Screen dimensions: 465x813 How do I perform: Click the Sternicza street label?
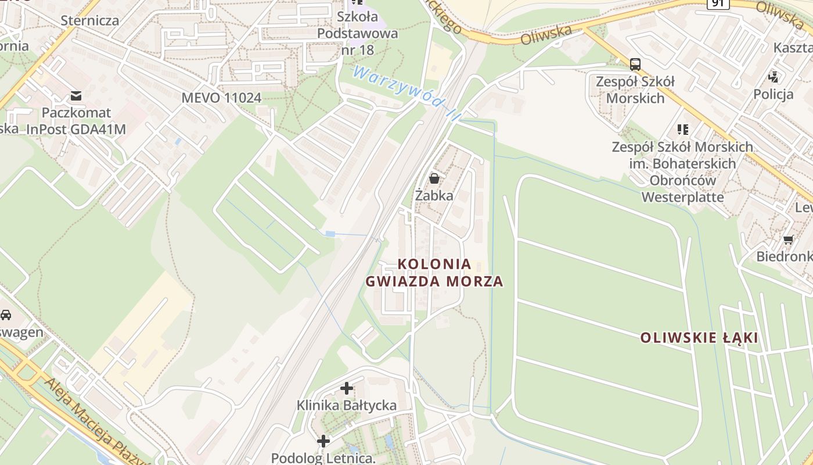(x=90, y=21)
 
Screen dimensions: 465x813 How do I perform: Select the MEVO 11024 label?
(x=221, y=98)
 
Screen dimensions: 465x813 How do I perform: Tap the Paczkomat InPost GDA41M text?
(x=75, y=121)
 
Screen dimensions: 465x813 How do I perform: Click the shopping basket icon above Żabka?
(x=434, y=178)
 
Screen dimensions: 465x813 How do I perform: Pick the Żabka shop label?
(x=434, y=195)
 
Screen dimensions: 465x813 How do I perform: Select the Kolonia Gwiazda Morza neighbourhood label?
(x=434, y=273)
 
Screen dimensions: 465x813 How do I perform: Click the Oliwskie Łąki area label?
(x=699, y=338)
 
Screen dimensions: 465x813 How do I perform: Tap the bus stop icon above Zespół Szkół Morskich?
(x=635, y=64)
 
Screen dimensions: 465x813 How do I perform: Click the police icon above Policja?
(x=773, y=77)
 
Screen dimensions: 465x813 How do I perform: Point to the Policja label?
(x=773, y=94)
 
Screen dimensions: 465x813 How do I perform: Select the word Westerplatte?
(x=682, y=197)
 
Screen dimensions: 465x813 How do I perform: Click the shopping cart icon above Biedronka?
(x=788, y=239)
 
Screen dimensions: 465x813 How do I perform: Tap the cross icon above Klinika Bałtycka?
(x=347, y=388)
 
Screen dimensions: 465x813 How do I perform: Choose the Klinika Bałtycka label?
(x=347, y=405)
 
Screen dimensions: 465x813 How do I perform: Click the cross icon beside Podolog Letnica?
(x=323, y=442)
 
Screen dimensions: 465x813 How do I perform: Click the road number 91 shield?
(x=718, y=3)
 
